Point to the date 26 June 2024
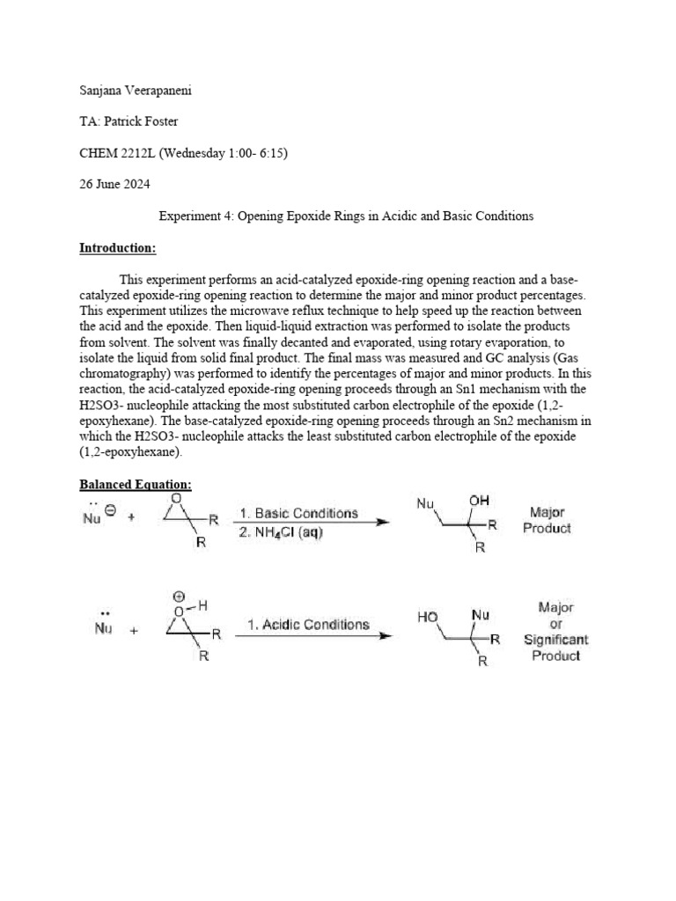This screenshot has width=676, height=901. [x=114, y=184]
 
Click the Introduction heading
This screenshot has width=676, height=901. [x=117, y=248]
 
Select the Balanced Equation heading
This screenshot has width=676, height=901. [x=136, y=485]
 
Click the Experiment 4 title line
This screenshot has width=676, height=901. [x=345, y=216]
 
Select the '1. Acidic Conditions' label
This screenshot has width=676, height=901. [x=308, y=624]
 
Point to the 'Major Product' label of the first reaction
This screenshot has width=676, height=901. [x=547, y=520]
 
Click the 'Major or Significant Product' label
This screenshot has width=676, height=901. [x=555, y=632]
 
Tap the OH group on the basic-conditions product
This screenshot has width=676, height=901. [x=479, y=501]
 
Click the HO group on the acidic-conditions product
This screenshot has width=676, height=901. [x=428, y=618]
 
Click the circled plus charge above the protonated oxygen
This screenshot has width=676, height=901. [x=178, y=596]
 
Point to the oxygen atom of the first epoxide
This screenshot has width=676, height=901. [x=178, y=499]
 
